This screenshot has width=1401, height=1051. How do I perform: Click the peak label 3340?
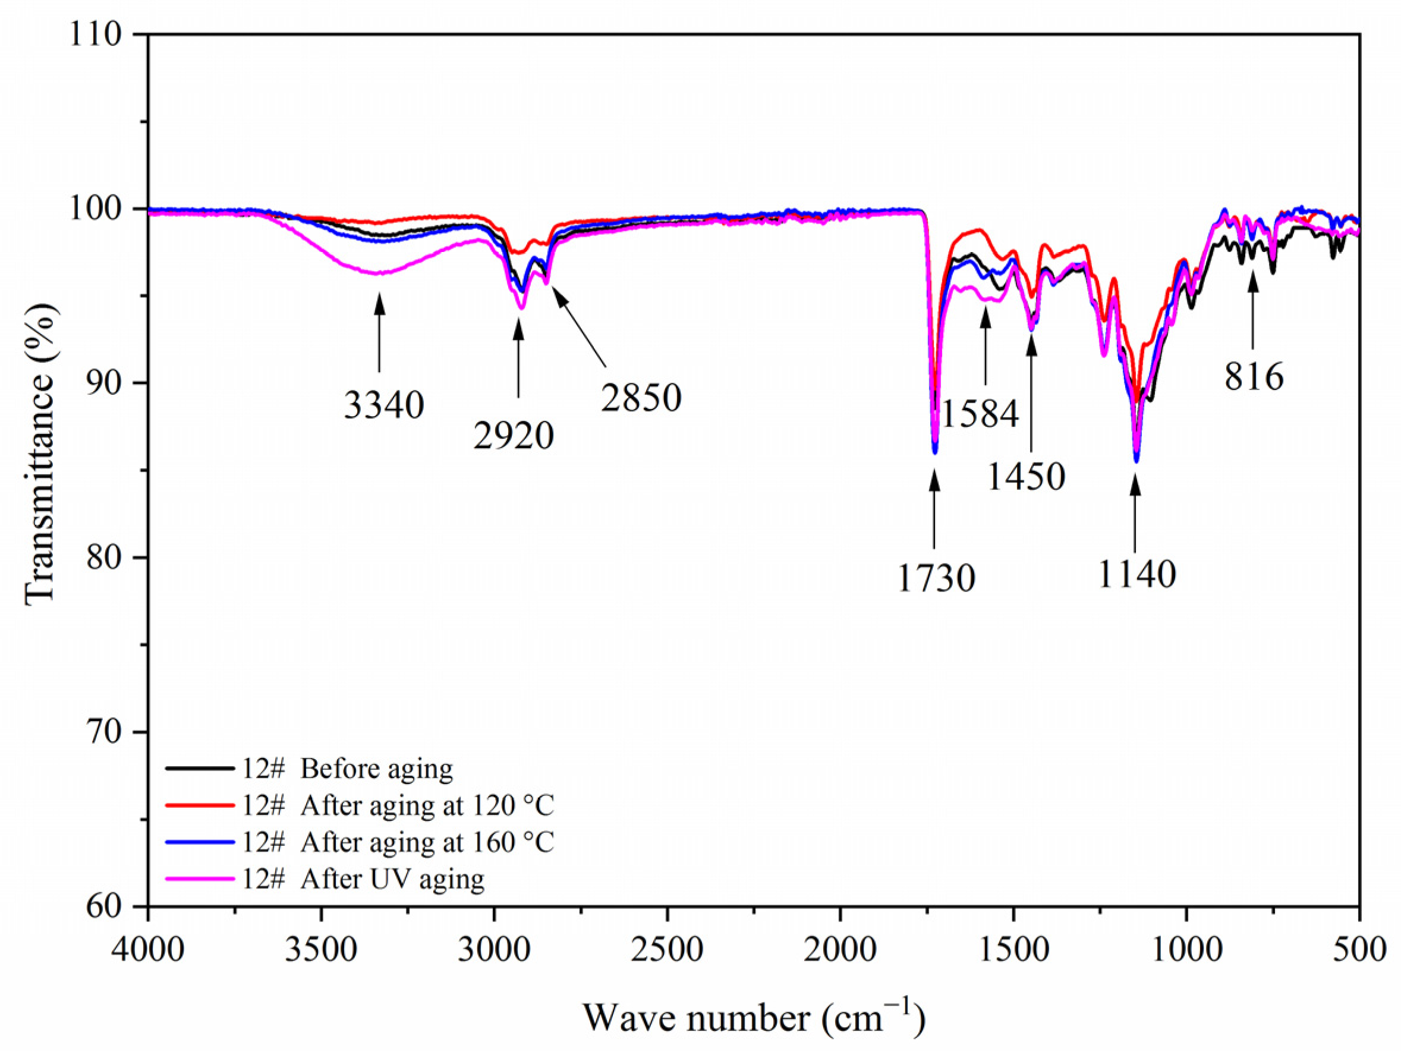click(384, 405)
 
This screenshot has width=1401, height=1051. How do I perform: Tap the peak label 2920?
click(514, 436)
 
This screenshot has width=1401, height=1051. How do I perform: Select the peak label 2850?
click(641, 398)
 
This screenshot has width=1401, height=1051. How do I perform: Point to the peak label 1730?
click(936, 578)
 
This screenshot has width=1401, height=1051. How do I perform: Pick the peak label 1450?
click(1026, 476)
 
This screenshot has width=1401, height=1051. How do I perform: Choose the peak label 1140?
click(1136, 575)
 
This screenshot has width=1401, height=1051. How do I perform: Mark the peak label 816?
click(1254, 377)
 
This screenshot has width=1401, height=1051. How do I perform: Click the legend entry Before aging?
click(376, 769)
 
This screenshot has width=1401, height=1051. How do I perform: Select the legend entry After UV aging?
click(392, 879)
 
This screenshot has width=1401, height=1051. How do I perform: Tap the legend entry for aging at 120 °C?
click(427, 806)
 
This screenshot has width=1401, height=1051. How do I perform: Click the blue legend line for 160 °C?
click(200, 842)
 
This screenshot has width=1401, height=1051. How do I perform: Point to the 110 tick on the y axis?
click(95, 34)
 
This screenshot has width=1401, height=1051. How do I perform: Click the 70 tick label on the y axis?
click(103, 732)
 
